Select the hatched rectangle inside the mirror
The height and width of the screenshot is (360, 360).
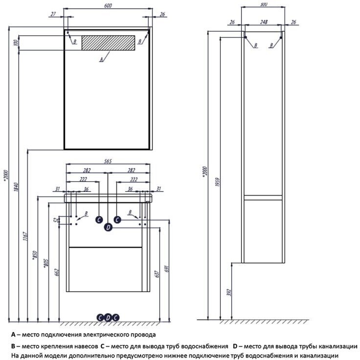pyautogui.click(x=108, y=43)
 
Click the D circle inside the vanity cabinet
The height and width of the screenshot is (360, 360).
pyautogui.click(x=108, y=227)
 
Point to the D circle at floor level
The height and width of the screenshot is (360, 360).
pyautogui.click(x=108, y=317)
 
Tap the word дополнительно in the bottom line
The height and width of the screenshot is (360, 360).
pyautogui.click(x=84, y=356)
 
